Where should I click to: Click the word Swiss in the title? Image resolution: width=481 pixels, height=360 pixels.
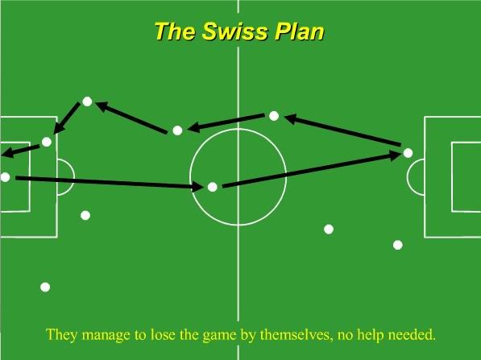[x=234, y=31]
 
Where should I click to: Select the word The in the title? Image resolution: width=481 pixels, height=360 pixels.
[x=175, y=31]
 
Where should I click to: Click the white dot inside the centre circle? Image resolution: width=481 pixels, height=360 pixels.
[x=213, y=187]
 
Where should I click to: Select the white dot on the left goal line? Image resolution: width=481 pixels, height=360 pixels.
[x=5, y=177]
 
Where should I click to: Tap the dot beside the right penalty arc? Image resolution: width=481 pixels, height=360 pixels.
[x=408, y=153]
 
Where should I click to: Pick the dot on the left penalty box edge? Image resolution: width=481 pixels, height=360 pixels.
[x=46, y=142]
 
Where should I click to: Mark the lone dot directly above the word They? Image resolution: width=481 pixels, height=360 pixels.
[x=45, y=287]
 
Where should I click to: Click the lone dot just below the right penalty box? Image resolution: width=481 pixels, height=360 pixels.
[x=397, y=245]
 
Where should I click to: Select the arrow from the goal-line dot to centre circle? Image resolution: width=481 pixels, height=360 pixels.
[x=110, y=182]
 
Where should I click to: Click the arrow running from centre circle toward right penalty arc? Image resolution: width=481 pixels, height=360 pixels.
[x=311, y=170]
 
